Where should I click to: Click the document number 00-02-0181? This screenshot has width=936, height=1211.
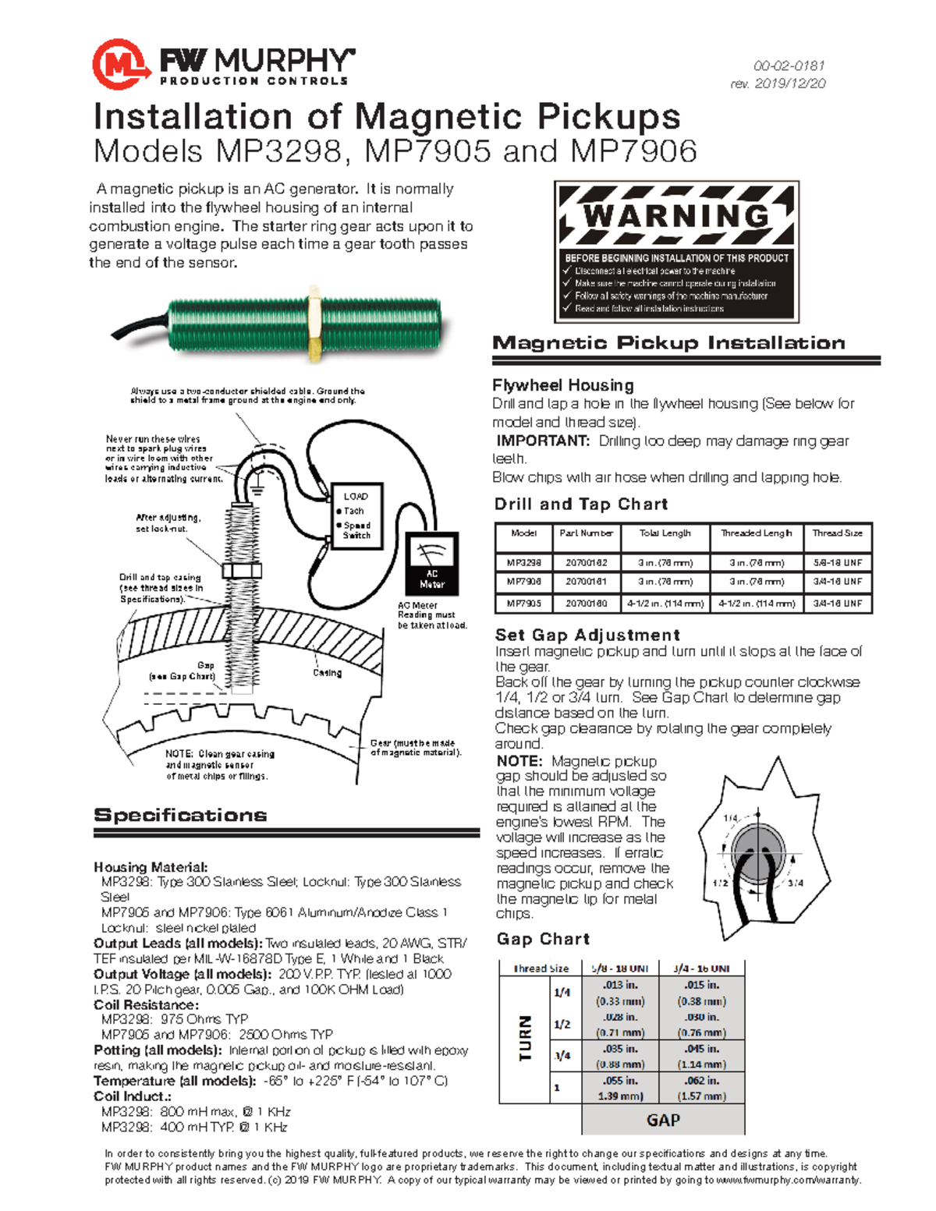tap(789, 66)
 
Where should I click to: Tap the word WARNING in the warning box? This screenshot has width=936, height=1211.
tap(676, 216)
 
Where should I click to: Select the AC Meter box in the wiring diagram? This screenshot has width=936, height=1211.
tap(431, 564)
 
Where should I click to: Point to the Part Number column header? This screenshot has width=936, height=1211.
tap(586, 533)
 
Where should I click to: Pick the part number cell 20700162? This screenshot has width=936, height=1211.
tap(586, 562)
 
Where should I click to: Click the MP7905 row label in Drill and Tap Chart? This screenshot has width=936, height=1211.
tap(523, 604)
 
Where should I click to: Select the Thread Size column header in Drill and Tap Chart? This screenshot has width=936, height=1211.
tap(837, 533)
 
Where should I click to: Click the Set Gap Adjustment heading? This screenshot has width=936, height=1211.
tap(587, 635)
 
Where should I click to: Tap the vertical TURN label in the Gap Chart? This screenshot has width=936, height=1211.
tap(525, 1038)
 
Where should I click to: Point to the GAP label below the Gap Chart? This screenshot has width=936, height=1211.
tap(663, 1120)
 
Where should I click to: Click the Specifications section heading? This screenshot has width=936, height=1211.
tap(180, 816)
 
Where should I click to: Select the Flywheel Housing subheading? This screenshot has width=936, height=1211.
tap(562, 385)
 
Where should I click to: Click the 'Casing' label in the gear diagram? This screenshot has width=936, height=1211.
tap(327, 673)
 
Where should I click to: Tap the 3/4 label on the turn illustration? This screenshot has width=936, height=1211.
tap(795, 883)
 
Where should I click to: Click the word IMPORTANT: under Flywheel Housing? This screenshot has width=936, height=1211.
tap(543, 441)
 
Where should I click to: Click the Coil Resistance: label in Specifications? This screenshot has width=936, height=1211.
tap(146, 1004)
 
